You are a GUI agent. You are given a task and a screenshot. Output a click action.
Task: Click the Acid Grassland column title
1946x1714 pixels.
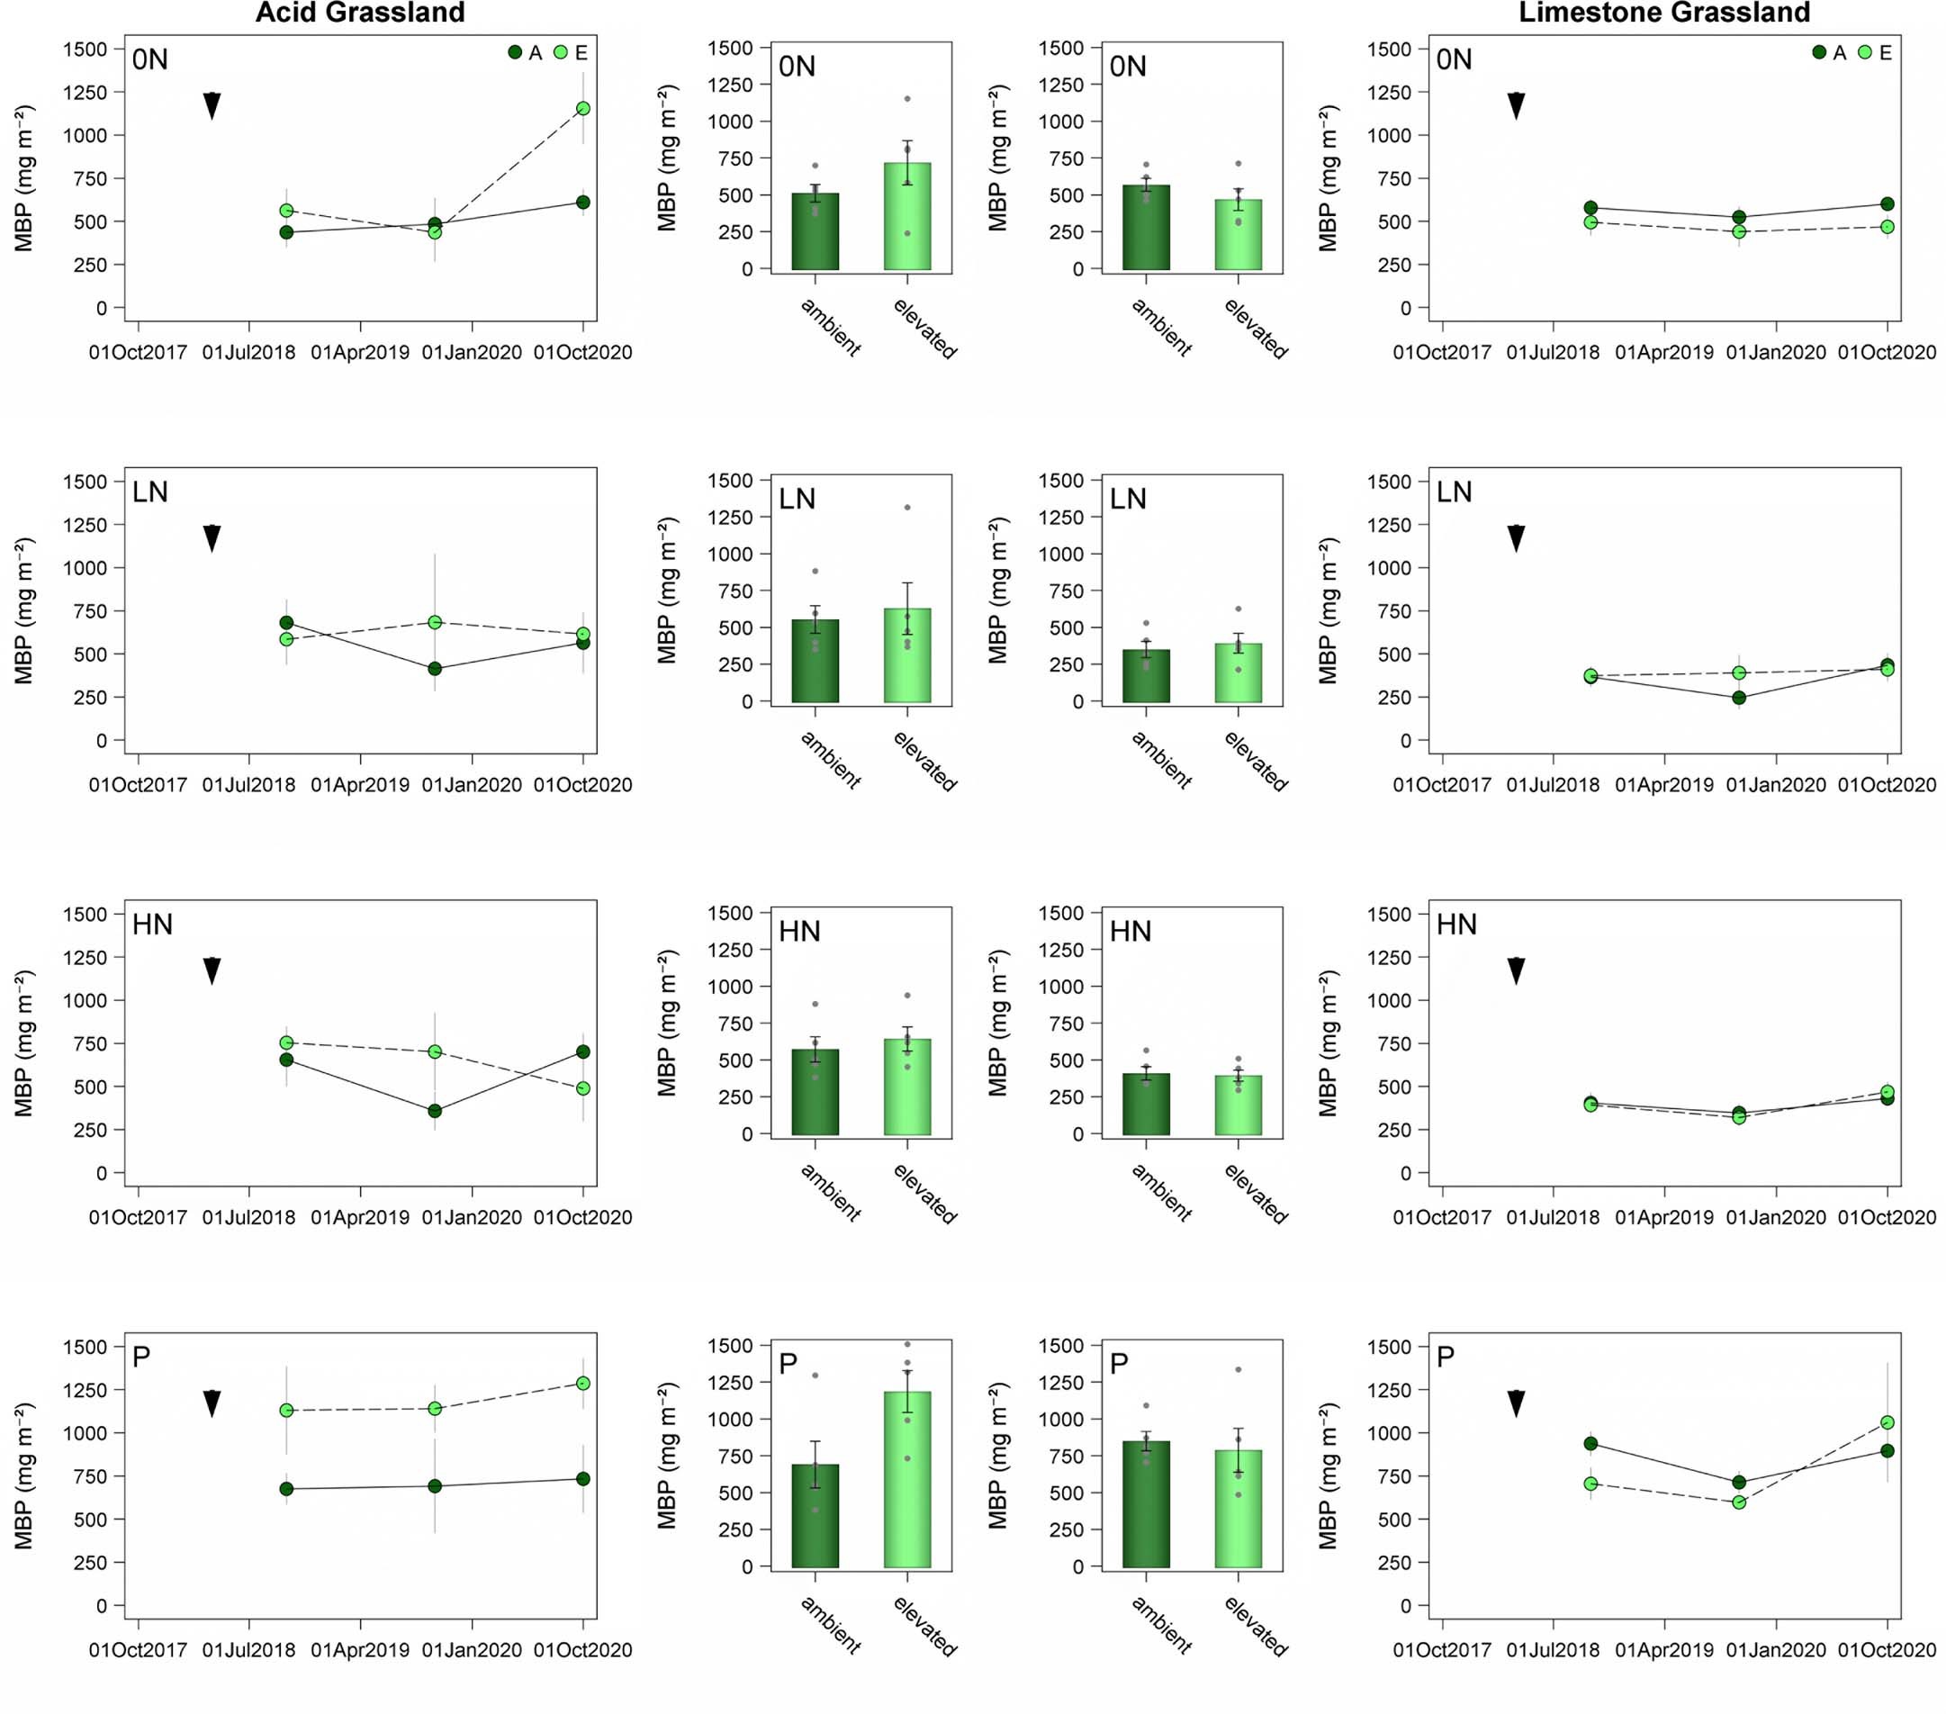360,13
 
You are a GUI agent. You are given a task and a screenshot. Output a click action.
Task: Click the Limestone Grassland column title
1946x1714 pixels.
1663,13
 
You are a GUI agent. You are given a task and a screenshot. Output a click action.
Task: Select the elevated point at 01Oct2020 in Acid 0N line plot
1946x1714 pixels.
582,109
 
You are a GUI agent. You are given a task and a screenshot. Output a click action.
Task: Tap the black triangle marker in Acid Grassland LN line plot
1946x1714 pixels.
212,538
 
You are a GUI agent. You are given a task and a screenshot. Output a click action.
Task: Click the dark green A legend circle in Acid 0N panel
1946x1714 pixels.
515,53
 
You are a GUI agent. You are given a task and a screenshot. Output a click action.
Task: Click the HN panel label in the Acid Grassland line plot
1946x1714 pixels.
152,925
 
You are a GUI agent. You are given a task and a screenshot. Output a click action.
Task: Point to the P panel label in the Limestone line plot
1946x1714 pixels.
1446,1357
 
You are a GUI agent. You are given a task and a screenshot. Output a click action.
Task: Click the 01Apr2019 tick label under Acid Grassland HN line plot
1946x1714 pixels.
360,1217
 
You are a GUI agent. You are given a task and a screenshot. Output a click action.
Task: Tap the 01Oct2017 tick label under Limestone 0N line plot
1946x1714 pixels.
1441,352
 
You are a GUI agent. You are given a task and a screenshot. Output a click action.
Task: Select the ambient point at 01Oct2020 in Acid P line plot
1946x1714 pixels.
582,1479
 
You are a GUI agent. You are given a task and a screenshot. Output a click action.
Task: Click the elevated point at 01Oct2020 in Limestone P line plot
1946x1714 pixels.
1887,1422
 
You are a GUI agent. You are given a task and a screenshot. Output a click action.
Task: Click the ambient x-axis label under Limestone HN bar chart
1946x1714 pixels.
1161,1192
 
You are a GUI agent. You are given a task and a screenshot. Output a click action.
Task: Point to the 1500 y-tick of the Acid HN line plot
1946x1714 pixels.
86,914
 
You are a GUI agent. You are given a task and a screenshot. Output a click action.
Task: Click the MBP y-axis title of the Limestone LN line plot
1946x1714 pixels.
1329,610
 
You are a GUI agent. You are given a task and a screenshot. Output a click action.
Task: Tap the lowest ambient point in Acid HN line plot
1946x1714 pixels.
434,1110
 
